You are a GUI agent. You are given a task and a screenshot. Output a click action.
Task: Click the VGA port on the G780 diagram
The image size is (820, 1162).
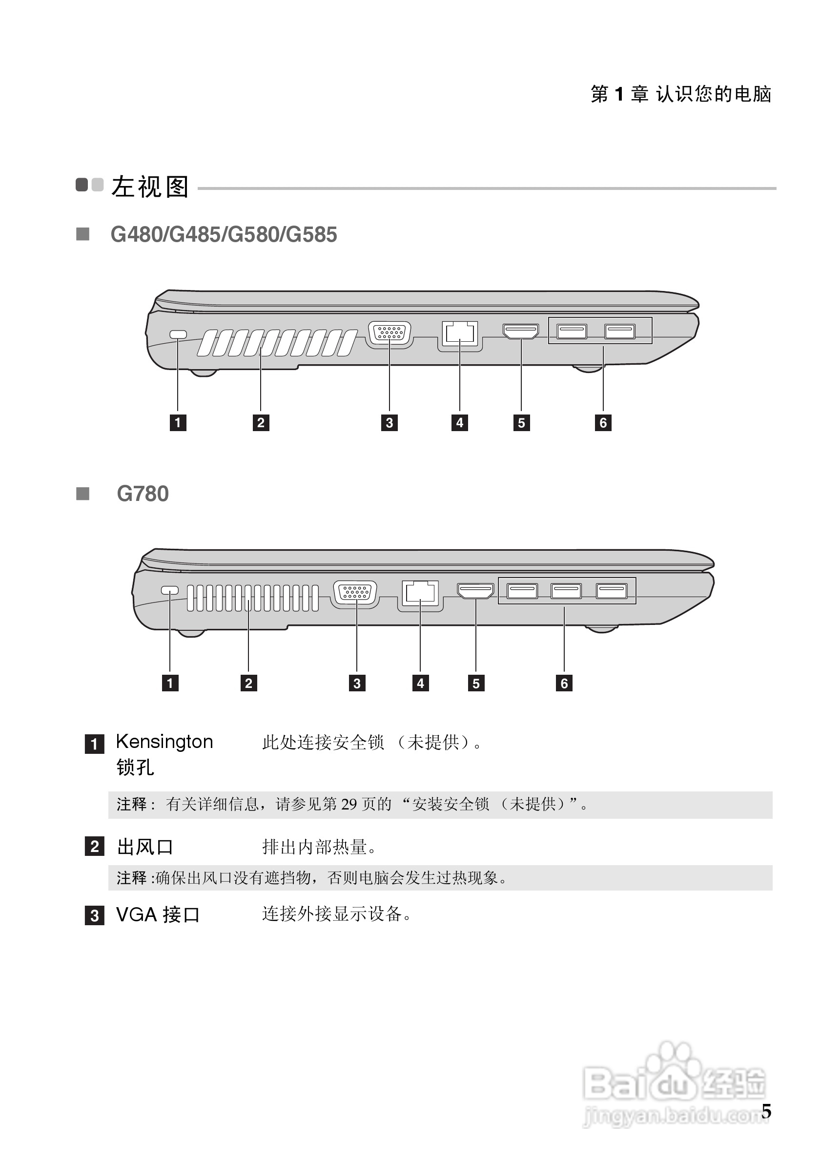click(x=356, y=593)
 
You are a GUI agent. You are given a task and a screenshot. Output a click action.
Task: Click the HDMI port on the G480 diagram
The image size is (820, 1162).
click(x=520, y=332)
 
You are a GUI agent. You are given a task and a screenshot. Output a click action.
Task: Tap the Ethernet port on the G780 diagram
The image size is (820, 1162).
click(x=420, y=593)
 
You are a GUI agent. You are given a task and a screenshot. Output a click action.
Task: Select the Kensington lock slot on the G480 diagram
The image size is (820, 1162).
click(x=178, y=334)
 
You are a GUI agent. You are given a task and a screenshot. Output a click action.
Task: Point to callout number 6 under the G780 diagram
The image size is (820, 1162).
click(x=564, y=683)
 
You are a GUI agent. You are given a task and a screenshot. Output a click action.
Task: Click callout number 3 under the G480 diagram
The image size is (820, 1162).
click(x=389, y=423)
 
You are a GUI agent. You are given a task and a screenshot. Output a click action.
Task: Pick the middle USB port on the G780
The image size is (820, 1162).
click(x=566, y=591)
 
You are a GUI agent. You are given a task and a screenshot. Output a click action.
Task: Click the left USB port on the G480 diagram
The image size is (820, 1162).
click(x=572, y=332)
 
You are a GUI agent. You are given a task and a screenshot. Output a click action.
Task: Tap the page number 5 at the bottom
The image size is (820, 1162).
click(x=766, y=1111)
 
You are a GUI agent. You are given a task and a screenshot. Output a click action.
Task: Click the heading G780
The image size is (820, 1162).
click(x=143, y=494)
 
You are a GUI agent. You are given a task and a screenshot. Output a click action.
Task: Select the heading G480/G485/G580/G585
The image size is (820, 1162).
click(x=224, y=235)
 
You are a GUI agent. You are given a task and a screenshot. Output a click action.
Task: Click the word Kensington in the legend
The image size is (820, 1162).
click(x=164, y=742)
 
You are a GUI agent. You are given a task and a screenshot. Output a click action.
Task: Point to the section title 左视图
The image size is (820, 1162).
click(x=150, y=187)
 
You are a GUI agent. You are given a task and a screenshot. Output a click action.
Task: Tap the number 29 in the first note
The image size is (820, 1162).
click(x=348, y=804)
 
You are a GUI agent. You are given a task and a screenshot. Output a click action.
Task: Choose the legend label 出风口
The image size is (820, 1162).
click(x=145, y=847)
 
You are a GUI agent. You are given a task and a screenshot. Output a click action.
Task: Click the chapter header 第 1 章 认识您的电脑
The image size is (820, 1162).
click(x=680, y=94)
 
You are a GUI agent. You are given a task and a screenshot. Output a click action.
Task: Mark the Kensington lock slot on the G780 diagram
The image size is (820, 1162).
click(x=169, y=590)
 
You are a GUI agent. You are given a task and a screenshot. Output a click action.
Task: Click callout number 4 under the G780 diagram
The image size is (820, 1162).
click(x=420, y=683)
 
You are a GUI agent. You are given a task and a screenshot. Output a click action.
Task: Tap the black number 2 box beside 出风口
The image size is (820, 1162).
click(x=95, y=846)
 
